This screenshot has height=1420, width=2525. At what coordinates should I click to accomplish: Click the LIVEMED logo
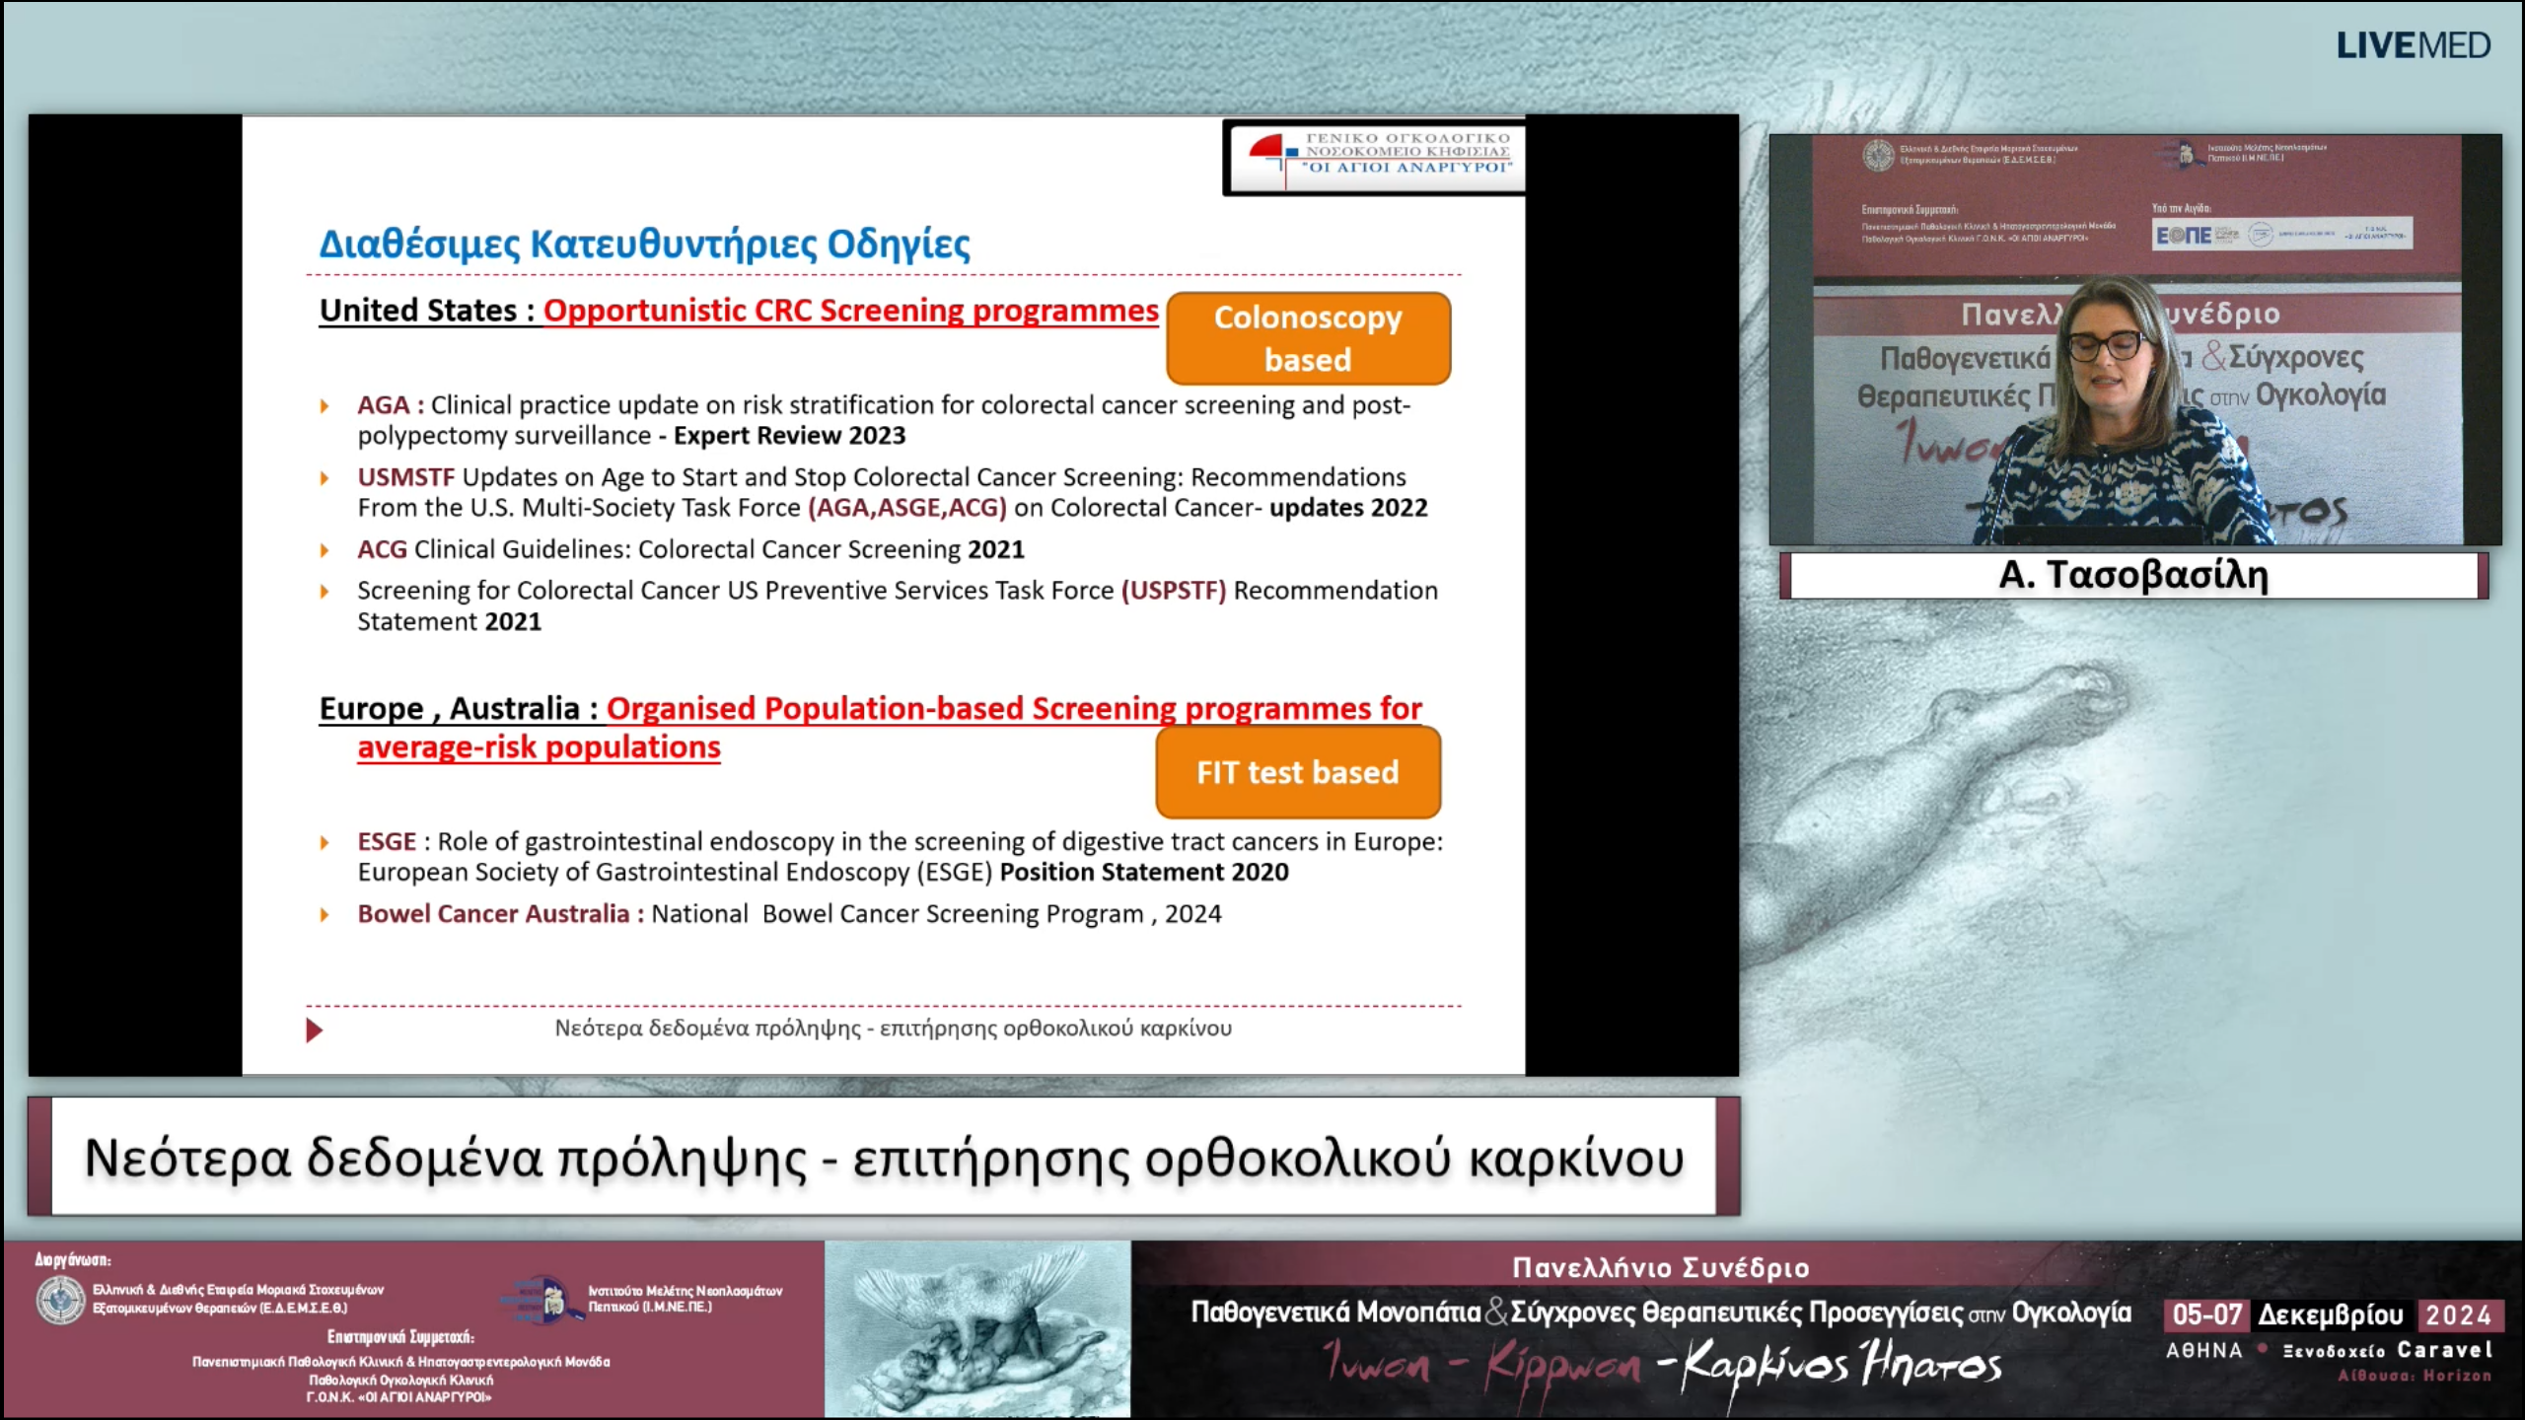[2413, 46]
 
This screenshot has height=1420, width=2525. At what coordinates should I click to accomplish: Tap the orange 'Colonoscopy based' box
[1308, 338]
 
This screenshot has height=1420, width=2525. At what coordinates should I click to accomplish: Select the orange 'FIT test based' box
[1297, 772]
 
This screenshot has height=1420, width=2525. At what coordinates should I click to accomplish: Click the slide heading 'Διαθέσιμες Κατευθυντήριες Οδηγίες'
[644, 244]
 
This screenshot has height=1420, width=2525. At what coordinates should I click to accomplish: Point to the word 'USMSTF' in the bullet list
[405, 477]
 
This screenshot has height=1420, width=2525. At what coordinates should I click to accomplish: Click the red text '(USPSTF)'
[1173, 591]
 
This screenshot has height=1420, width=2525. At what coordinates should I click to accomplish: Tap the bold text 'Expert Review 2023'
[789, 436]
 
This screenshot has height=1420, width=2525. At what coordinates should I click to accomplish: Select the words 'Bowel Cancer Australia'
[493, 914]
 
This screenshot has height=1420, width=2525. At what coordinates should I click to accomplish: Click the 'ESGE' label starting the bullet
[387, 842]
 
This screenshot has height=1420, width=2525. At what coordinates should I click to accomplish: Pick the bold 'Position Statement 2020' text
[1144, 873]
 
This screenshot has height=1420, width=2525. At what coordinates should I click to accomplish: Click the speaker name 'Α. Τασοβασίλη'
[2133, 575]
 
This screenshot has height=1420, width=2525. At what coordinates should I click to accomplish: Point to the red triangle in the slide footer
[314, 1030]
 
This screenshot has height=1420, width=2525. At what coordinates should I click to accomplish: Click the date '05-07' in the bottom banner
[2206, 1314]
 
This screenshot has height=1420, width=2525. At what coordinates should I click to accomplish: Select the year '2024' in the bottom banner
[2458, 1315]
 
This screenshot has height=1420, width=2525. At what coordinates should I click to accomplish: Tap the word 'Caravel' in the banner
[2444, 1350]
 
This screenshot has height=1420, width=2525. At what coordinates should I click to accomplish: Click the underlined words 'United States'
[418, 311]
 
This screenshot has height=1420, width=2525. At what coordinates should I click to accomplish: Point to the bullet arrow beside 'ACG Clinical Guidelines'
[325, 550]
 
